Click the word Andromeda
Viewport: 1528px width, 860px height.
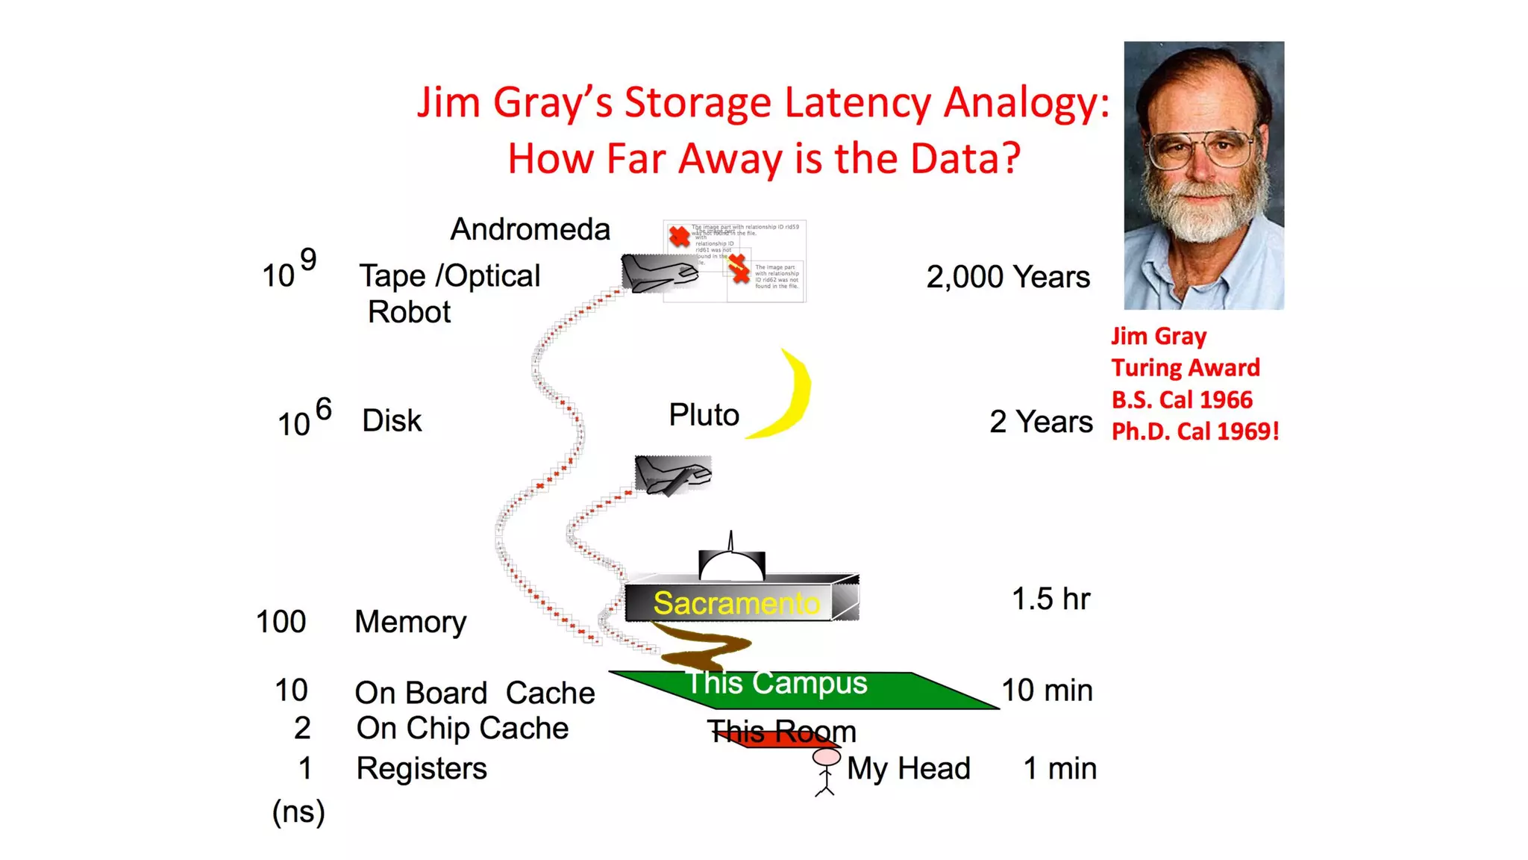[530, 229]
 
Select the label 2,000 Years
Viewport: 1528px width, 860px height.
[1007, 277]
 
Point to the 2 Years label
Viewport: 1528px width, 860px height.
[1040, 422]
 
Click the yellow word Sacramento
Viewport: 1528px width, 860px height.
[736, 603]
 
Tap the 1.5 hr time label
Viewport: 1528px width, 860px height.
[1050, 599]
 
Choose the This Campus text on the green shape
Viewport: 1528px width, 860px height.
[777, 683]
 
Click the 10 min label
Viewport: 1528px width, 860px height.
[1046, 691]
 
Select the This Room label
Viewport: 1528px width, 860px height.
[781, 732]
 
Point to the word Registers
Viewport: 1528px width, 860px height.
[421, 768]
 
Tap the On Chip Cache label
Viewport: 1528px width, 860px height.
[462, 729]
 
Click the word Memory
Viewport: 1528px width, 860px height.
[410, 622]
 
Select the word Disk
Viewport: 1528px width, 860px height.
[392, 421]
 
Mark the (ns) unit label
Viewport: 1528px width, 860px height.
[298, 812]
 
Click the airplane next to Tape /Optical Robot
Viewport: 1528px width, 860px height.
[658, 273]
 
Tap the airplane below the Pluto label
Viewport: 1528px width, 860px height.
[672, 475]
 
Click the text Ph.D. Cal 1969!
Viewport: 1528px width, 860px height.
[1194, 431]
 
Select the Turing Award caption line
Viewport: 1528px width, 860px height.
[1185, 368]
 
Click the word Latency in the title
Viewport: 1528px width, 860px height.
[857, 102]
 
